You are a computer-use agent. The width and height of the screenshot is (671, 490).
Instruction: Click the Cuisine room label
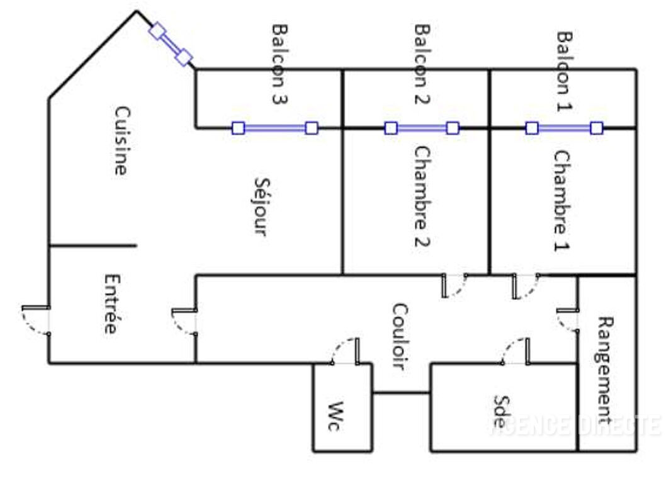tap(121, 140)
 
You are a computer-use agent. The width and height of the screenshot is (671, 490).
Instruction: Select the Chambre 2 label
tap(422, 197)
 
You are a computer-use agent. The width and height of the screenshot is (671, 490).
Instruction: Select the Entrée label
tap(111, 304)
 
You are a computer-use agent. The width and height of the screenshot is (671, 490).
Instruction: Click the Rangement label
tap(604, 369)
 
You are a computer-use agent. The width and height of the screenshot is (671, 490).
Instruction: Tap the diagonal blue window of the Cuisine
tap(170, 44)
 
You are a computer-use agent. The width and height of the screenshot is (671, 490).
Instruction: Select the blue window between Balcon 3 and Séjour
tap(274, 128)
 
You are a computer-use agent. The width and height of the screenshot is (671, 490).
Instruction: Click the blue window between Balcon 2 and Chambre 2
tap(422, 128)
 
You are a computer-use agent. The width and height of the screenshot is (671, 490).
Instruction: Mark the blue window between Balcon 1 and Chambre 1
tap(564, 128)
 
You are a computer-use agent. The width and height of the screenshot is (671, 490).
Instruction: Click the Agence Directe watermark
tap(575, 425)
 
